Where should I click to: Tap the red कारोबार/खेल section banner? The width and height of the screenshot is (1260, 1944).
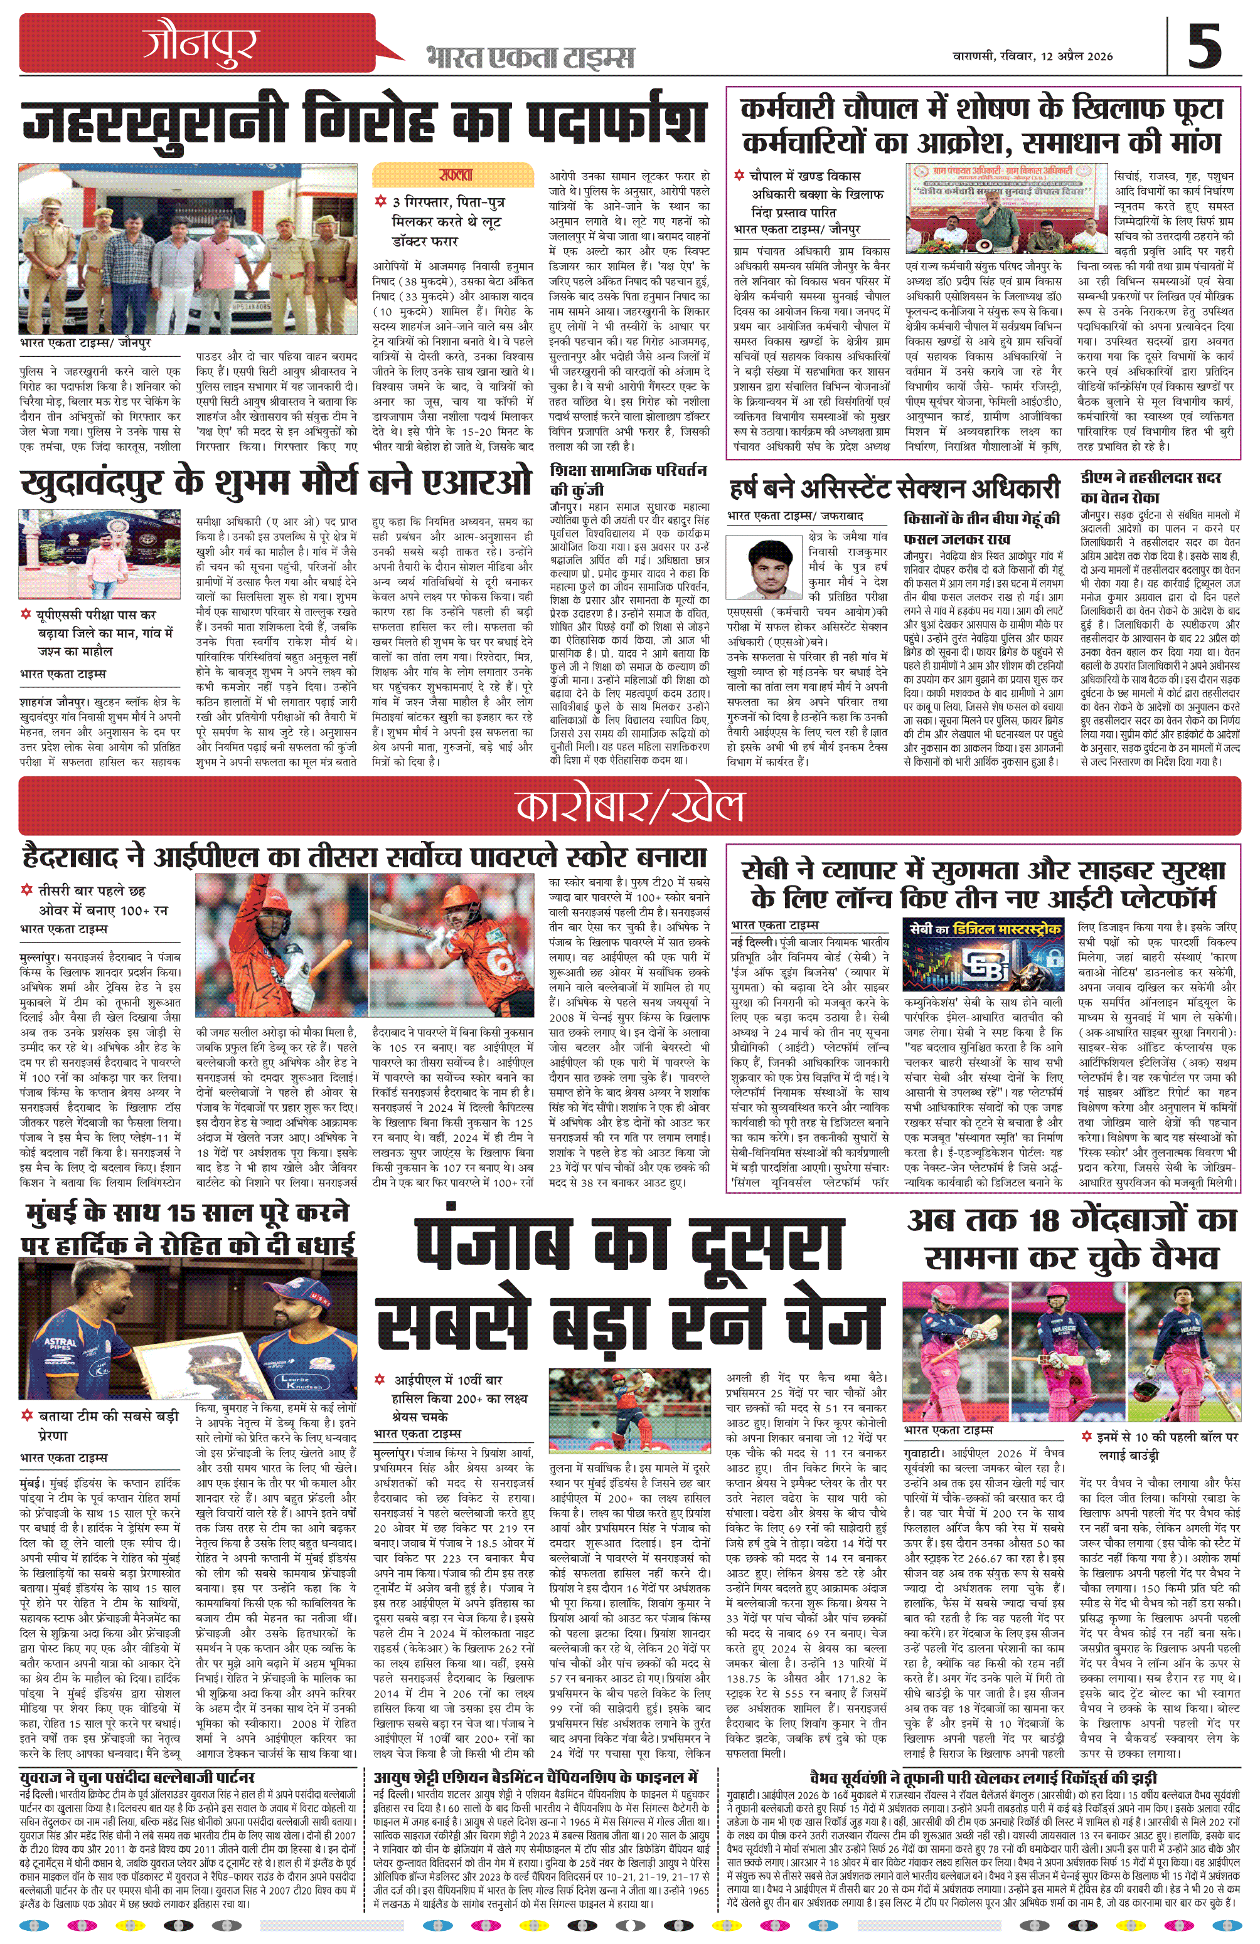pos(629,805)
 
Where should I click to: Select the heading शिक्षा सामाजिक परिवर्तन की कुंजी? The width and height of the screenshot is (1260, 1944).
pos(628,480)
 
